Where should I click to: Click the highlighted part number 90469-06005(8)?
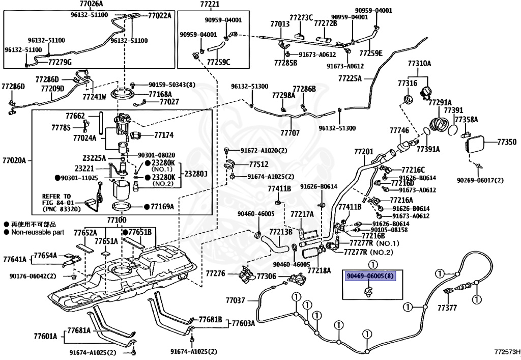[x=370, y=276]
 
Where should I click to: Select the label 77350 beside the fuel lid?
[x=507, y=142]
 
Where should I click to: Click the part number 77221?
[x=210, y=5]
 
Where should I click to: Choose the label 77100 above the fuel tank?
[x=117, y=220]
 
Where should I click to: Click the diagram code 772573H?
[x=507, y=352]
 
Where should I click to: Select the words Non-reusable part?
[x=38, y=232]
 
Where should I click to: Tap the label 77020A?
[x=14, y=160]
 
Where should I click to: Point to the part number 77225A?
[x=350, y=78]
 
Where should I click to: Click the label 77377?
[x=447, y=308]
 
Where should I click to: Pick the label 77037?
[x=235, y=300]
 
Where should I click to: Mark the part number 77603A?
[x=243, y=323]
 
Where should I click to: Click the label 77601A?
[x=45, y=336]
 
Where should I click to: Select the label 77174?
[x=164, y=135]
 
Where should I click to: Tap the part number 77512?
[x=259, y=164]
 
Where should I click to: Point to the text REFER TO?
[x=56, y=196]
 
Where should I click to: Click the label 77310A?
[x=419, y=63]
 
